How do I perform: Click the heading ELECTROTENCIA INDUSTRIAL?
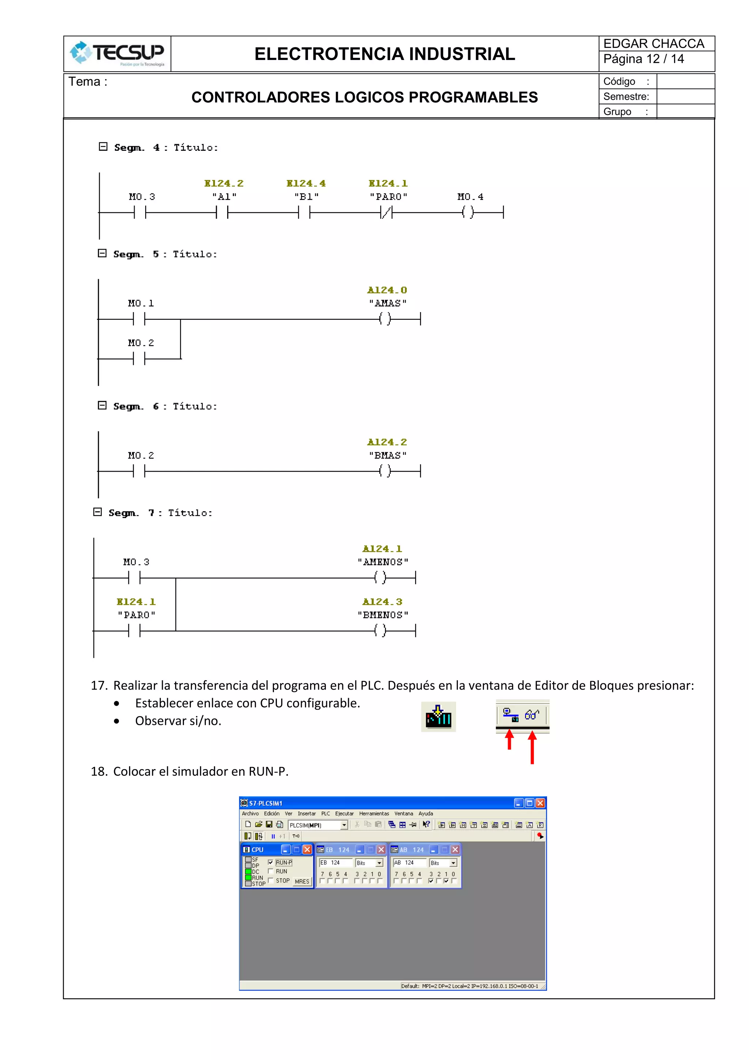pyautogui.click(x=384, y=54)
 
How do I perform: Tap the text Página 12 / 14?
pyautogui.click(x=643, y=59)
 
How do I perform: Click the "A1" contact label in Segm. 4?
pyautogui.click(x=224, y=197)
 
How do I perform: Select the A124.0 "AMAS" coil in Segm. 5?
pyautogui.click(x=385, y=319)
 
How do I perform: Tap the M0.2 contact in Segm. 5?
pyautogui.click(x=139, y=358)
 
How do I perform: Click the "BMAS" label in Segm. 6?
pyautogui.click(x=387, y=455)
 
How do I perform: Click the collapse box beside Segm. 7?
pyautogui.click(x=97, y=512)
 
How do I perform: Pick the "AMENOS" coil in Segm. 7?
pyautogui.click(x=380, y=577)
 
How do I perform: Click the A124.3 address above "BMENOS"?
pyautogui.click(x=382, y=602)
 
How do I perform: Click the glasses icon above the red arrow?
pyautogui.click(x=532, y=715)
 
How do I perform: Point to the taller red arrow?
pyautogui.click(x=532, y=748)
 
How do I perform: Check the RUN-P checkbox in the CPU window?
pyautogui.click(x=270, y=862)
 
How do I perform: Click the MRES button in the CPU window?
pyautogui.click(x=302, y=881)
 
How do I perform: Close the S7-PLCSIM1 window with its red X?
pyautogui.click(x=540, y=803)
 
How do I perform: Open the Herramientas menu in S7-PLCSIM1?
pyautogui.click(x=374, y=813)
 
